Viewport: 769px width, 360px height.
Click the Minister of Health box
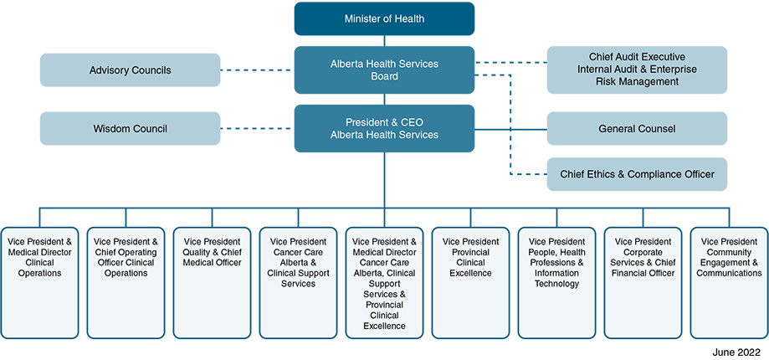384,18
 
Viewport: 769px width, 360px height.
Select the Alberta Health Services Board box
384,69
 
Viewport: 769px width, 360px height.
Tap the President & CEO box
384,128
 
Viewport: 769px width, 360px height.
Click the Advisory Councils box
130,70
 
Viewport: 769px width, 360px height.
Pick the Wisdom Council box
130,129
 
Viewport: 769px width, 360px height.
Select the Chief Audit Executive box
637,69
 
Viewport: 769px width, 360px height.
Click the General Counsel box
637,129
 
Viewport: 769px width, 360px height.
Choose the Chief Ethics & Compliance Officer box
637,174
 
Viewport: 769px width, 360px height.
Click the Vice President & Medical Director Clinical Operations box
39,281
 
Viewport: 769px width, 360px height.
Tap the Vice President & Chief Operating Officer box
126,281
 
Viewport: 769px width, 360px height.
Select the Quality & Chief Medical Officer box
212,281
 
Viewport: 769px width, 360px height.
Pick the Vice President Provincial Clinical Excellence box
470,281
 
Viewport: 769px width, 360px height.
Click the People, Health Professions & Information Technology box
556,281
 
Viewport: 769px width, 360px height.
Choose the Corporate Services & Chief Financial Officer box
643,281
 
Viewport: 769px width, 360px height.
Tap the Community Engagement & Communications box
729,281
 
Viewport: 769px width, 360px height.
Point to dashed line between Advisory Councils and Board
258,70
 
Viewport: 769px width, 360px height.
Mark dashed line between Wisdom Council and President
258,129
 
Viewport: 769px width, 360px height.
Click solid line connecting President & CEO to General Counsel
510,129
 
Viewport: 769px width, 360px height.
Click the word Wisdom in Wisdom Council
112,129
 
